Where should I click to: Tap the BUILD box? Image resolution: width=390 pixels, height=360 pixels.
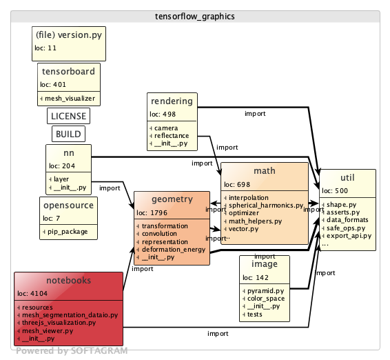[68, 134]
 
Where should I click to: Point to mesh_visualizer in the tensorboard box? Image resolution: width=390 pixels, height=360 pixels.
[70, 99]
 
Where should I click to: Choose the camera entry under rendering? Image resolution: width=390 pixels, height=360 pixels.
[167, 128]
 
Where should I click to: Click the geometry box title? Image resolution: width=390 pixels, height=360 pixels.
[171, 199]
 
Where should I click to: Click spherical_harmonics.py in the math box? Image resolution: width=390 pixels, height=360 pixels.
[265, 205]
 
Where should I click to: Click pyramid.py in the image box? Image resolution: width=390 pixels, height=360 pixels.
[266, 291]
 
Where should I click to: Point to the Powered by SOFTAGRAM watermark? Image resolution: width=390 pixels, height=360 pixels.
[72, 350]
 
